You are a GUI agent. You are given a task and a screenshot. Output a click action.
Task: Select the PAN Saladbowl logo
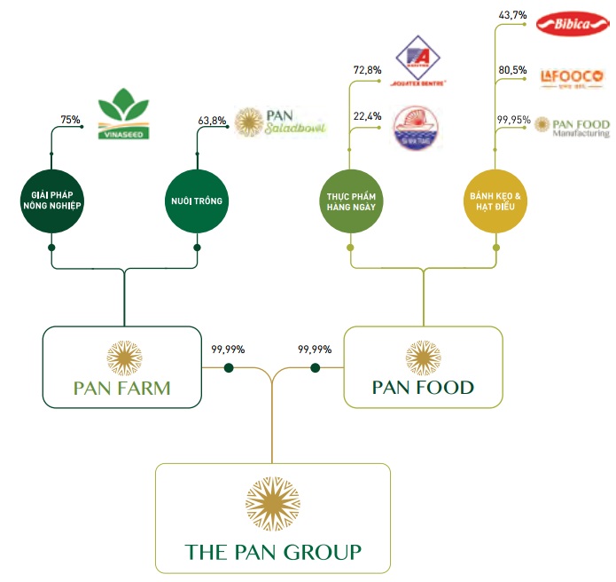click(280, 122)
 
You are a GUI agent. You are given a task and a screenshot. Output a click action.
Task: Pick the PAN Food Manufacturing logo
click(573, 126)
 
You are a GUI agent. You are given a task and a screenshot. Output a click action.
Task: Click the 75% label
click(70, 120)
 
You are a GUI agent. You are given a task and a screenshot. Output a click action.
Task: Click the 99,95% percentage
click(513, 119)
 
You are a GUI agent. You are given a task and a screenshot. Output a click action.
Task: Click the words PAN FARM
click(122, 389)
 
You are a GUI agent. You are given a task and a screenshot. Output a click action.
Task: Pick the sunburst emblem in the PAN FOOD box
click(423, 357)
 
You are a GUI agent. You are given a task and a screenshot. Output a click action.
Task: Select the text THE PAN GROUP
click(273, 552)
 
